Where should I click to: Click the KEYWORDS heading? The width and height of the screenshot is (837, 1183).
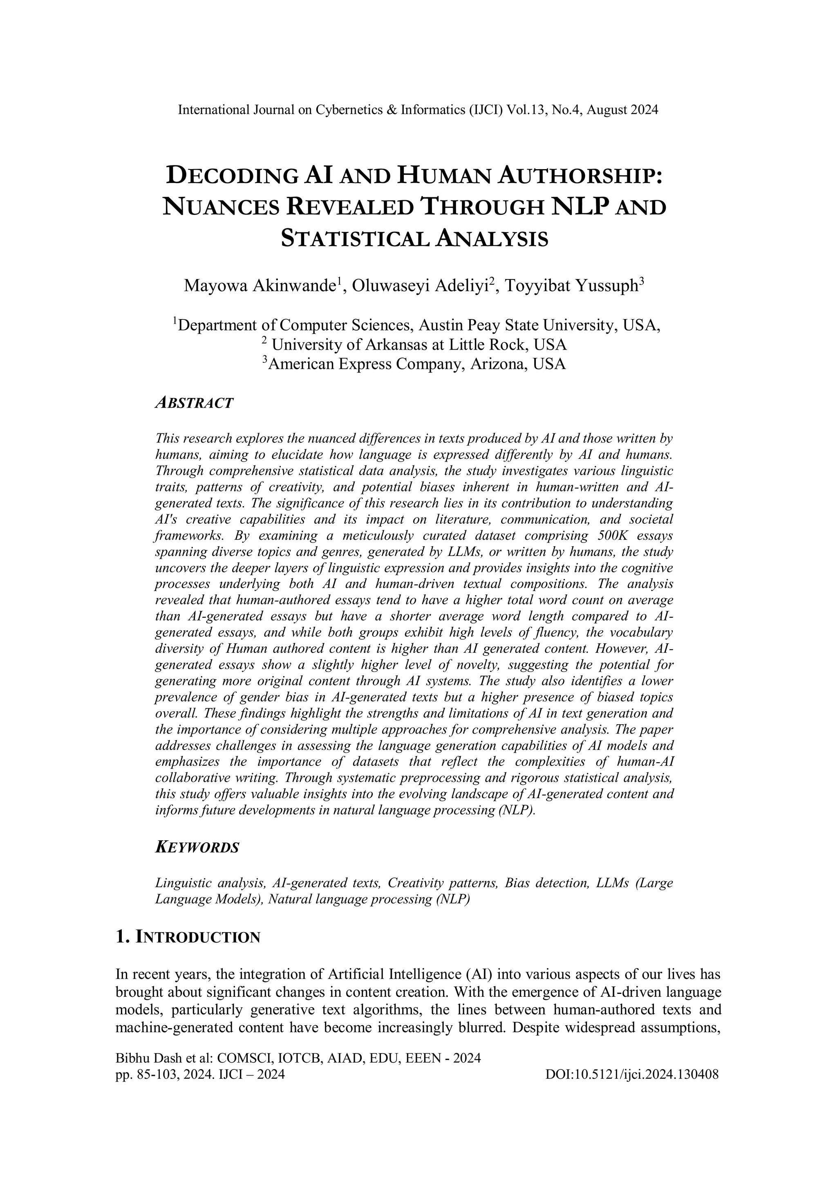pos(197,848)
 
